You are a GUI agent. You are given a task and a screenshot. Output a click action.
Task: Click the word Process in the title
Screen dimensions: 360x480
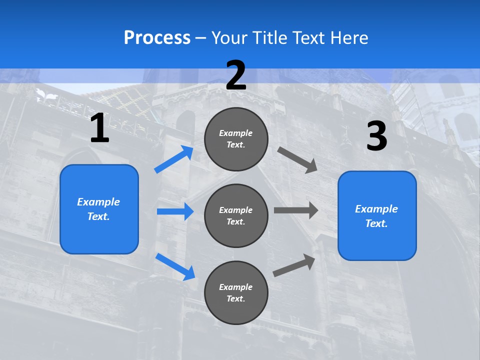157,38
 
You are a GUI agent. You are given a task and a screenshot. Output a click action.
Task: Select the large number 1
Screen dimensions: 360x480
99,128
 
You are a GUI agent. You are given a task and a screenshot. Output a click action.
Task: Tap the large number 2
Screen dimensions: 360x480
236,75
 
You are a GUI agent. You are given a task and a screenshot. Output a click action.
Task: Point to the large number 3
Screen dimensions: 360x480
377,136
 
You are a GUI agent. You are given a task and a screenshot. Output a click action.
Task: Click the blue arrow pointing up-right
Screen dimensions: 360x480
174,159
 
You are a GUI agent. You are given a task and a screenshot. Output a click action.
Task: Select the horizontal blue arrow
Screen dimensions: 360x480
175,211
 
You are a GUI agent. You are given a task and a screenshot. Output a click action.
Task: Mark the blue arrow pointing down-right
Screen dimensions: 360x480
175,266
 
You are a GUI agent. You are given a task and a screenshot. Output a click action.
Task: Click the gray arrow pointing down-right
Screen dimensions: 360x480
297,159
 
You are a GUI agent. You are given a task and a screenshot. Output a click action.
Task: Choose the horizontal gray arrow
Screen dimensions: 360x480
296,210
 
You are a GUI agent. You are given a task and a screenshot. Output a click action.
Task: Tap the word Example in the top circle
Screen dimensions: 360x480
236,133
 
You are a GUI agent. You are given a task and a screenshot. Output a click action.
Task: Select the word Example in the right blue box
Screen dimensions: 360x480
376,209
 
